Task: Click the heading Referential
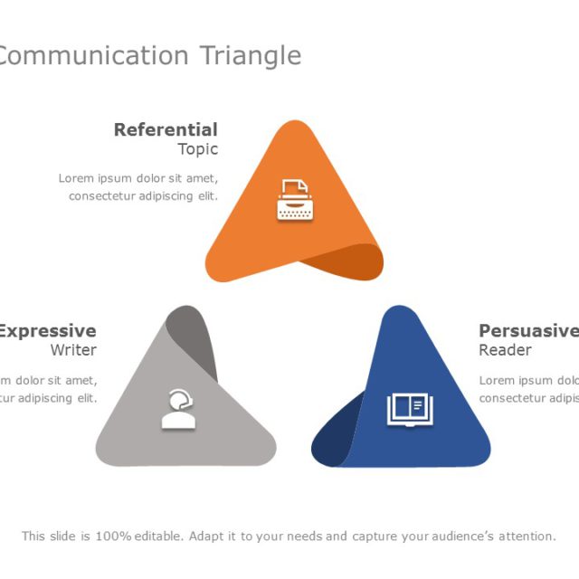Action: [x=166, y=130]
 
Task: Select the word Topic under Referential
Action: [x=197, y=150]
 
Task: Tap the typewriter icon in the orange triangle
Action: [x=293, y=201]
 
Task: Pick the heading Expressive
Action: [x=47, y=331]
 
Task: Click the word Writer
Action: [x=73, y=350]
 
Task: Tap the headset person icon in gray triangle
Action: [x=178, y=409]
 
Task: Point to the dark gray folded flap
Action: [x=195, y=339]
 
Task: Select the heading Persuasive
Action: [x=528, y=331]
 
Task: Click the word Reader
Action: [x=505, y=350]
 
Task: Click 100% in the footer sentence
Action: [x=113, y=536]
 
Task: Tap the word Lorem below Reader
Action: [x=497, y=380]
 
